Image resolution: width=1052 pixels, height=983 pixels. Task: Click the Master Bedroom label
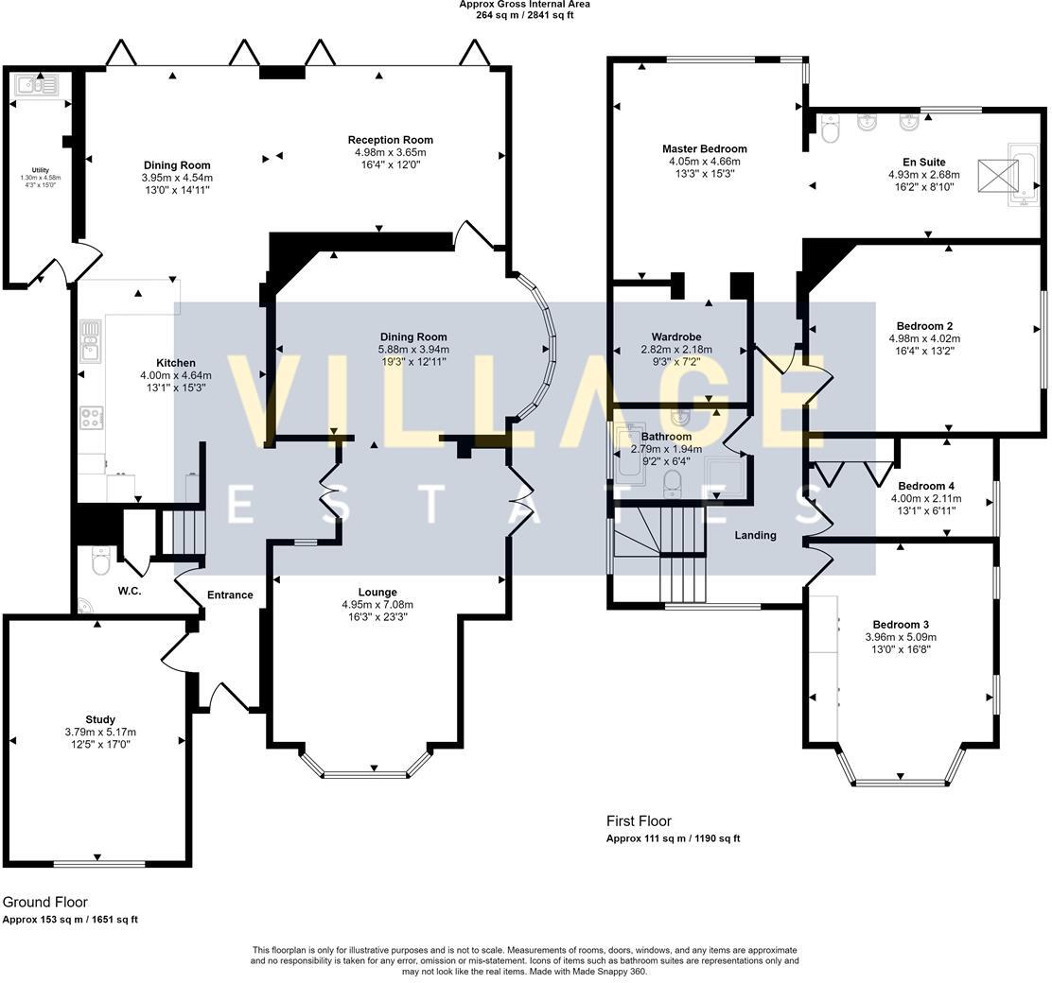704,148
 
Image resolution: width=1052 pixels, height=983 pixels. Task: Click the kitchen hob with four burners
92,417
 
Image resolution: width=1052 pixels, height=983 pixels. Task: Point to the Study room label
99,719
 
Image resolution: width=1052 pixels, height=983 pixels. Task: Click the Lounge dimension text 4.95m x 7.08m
377,605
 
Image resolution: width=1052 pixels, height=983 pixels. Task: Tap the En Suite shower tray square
997,176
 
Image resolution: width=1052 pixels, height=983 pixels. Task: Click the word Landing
755,535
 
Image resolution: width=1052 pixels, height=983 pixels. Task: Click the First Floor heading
639,821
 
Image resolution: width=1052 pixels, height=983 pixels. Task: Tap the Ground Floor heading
44,903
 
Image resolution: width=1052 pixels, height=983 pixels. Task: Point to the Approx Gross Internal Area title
524,5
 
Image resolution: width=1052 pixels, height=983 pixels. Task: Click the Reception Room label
390,140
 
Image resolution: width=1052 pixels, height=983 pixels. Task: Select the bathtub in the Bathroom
626,454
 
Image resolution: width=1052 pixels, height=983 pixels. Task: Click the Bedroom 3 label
901,625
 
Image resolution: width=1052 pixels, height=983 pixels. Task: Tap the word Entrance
230,595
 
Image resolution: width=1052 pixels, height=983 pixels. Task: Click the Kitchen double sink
91,340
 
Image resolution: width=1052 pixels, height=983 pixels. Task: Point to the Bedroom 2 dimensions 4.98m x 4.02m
923,339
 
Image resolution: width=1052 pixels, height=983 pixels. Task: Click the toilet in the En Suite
831,130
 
